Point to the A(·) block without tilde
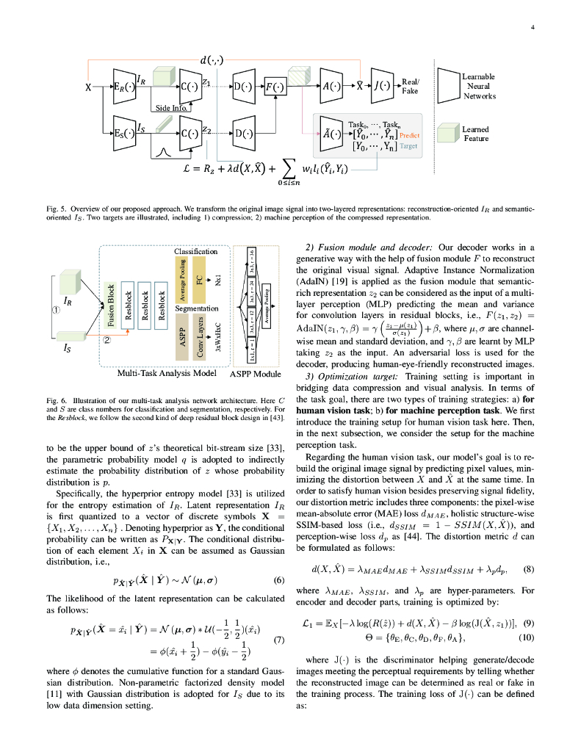pos(330,86)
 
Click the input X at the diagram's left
pos(89,87)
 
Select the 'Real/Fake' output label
pos(409,87)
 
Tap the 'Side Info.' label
pos(171,108)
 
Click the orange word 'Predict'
pos(409,135)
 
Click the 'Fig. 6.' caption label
pos(56,399)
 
